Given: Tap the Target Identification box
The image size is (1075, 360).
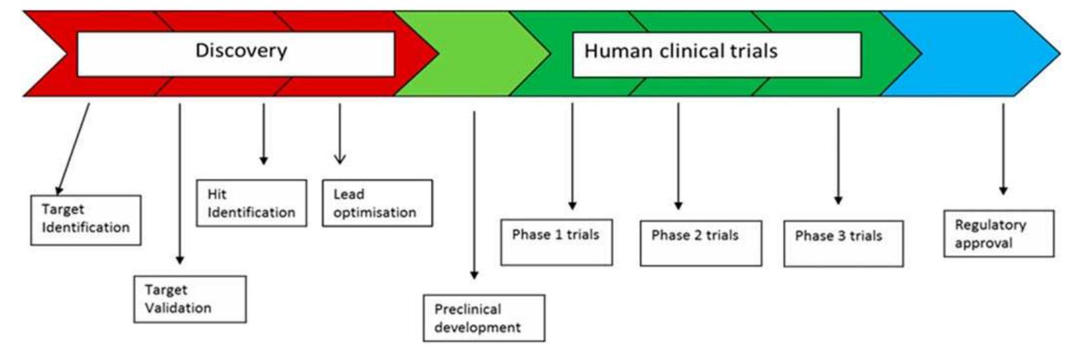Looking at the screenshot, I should [86, 220].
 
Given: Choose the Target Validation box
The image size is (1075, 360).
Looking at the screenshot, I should [190, 299].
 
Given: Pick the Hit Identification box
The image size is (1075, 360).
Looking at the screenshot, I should [252, 204].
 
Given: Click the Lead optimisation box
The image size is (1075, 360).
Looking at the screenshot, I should [377, 204].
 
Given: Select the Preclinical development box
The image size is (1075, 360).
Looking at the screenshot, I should [484, 318].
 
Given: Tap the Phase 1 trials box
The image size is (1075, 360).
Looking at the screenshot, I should [556, 242].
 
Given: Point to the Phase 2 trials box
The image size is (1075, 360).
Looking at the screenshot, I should [701, 243].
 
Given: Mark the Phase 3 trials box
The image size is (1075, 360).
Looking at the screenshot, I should [843, 244].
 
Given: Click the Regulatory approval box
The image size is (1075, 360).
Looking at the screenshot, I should [998, 233].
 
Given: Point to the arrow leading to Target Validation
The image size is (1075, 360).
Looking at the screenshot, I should [180, 184].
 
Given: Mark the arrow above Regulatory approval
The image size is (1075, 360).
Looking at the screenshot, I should [1003, 148].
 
